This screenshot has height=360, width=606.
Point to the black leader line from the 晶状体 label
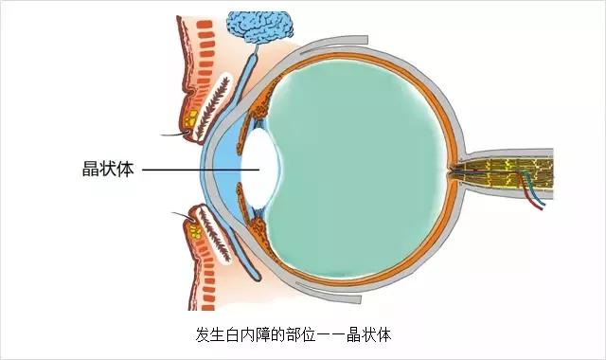click(x=199, y=171)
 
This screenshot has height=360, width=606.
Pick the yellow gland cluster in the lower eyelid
click(x=196, y=229)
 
